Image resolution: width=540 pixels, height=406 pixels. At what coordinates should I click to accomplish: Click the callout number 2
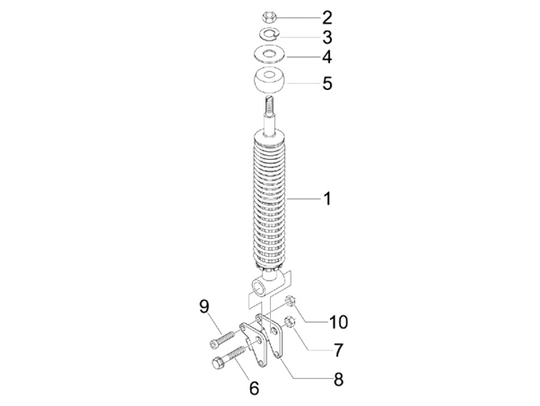pyautogui.click(x=327, y=18)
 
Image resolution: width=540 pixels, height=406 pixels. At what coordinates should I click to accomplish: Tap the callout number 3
pyautogui.click(x=327, y=38)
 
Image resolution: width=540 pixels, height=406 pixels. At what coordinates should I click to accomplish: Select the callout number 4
pyautogui.click(x=327, y=57)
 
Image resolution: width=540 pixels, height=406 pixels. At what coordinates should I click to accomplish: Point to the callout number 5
pyautogui.click(x=327, y=83)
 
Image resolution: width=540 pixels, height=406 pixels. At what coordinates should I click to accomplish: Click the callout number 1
pyautogui.click(x=327, y=199)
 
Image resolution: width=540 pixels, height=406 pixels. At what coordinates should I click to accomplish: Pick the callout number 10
pyautogui.click(x=338, y=322)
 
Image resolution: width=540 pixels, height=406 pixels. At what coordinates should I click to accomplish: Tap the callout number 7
pyautogui.click(x=339, y=350)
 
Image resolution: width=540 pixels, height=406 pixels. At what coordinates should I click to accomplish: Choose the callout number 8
pyautogui.click(x=339, y=380)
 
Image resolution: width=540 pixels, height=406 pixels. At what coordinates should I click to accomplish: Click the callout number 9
pyautogui.click(x=204, y=306)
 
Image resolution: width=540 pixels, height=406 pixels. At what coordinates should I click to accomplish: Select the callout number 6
pyautogui.click(x=253, y=389)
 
